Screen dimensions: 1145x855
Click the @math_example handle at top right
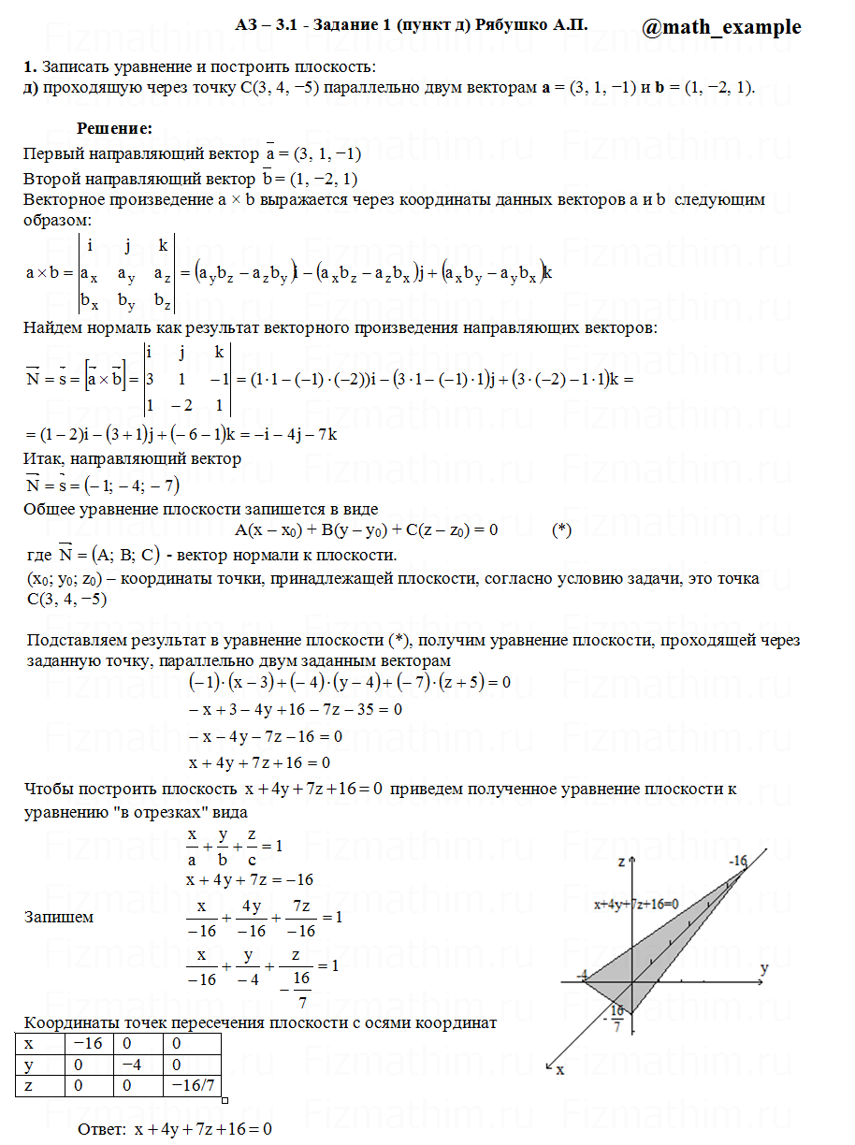(721, 27)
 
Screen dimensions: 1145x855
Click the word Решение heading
(114, 128)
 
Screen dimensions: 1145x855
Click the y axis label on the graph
(764, 968)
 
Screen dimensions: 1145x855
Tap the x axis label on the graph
(560, 1067)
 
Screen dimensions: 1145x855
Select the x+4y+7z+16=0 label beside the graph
(636, 905)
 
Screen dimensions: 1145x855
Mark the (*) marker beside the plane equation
(561, 530)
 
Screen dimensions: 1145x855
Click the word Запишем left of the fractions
(59, 917)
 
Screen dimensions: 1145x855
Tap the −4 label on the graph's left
(582, 976)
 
